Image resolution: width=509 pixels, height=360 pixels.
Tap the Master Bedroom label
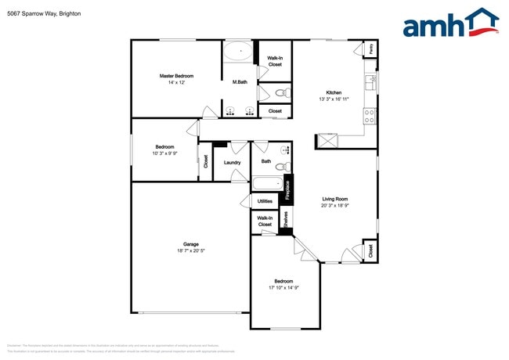click(176, 76)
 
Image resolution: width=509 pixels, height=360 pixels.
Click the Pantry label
click(369, 49)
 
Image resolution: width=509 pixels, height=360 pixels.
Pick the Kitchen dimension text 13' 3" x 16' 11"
click(334, 99)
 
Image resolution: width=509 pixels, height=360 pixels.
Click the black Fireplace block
click(287, 190)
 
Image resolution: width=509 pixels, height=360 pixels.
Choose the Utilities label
click(265, 201)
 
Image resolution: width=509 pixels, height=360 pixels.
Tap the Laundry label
click(232, 163)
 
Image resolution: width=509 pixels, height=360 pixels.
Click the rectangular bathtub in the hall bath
click(266, 185)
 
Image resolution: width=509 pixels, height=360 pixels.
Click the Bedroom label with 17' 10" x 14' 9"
click(283, 281)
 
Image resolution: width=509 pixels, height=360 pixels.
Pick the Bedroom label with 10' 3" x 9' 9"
click(164, 147)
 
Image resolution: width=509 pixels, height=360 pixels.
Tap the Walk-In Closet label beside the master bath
click(275, 61)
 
